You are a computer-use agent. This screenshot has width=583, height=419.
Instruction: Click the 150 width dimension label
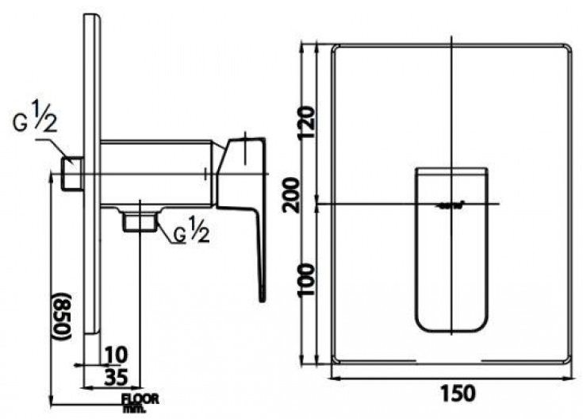tap(453, 394)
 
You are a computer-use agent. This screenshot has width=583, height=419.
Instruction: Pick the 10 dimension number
tap(116, 352)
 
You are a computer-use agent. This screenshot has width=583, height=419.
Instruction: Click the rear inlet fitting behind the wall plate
tap(72, 173)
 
